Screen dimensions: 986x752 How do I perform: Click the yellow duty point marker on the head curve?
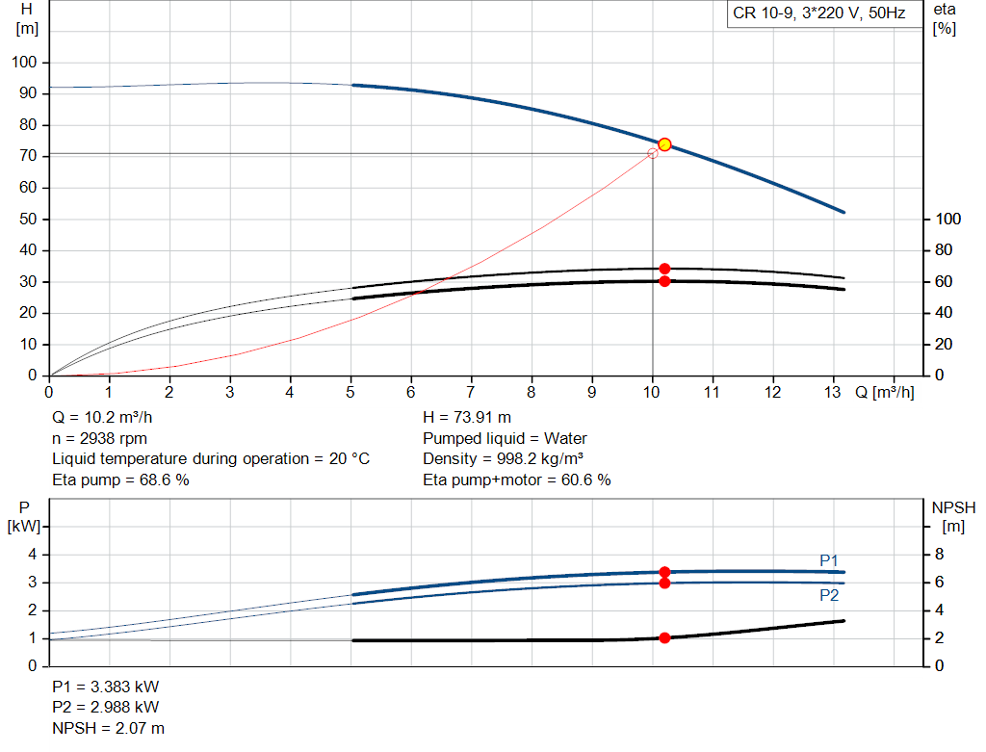point(664,144)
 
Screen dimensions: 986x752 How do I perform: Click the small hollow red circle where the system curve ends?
point(653,153)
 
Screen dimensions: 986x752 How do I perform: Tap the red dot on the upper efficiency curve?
point(664,269)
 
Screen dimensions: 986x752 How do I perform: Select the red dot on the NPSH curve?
point(664,637)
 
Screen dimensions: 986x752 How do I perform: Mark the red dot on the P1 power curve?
point(664,572)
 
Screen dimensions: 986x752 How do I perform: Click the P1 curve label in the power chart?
point(829,560)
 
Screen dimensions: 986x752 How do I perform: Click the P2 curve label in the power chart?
point(829,595)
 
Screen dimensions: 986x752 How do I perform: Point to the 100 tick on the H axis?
point(24,62)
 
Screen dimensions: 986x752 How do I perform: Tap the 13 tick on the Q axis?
point(833,392)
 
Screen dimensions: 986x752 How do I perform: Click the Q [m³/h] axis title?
point(884,392)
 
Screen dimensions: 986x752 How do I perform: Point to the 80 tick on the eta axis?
point(944,249)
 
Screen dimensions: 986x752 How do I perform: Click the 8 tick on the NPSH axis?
point(939,554)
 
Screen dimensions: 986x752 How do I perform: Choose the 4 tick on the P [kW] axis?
point(33,554)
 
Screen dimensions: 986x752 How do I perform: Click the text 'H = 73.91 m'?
point(467,417)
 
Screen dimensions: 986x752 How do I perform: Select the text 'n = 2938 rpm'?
point(99,438)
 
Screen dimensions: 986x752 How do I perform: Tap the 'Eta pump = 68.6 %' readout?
point(120,480)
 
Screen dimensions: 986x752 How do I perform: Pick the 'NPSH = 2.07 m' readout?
point(108,728)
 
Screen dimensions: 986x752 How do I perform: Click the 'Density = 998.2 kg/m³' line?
point(503,459)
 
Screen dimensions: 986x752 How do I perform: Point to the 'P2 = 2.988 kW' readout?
point(106,707)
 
